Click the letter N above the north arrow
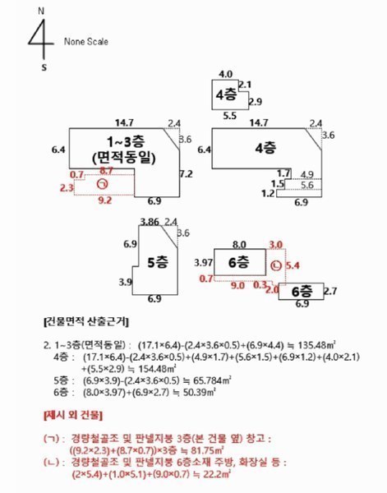pos(43,9)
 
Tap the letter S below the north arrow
pos(44,68)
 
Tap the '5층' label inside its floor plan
pos(155,264)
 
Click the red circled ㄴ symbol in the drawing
pos(275,265)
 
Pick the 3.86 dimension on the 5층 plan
pos(149,222)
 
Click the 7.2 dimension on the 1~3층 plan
pos(186,174)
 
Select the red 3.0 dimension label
pos(276,244)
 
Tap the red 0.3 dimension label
pos(261,284)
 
